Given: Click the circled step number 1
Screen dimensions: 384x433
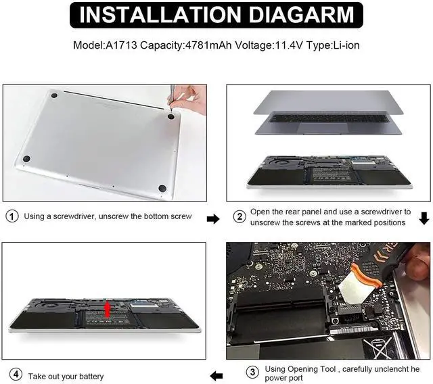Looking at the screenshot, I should (12, 217).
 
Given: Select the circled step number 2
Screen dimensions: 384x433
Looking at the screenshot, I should (238, 217).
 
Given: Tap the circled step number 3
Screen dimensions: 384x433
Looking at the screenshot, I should (252, 372).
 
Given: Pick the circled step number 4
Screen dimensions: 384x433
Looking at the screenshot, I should (15, 376).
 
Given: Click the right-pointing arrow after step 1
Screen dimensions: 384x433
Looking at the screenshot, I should (212, 219).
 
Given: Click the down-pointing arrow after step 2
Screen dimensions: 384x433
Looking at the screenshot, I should (424, 218).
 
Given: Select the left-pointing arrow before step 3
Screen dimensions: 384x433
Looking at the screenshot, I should (216, 376).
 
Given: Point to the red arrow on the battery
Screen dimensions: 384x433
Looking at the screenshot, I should (107, 309).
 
